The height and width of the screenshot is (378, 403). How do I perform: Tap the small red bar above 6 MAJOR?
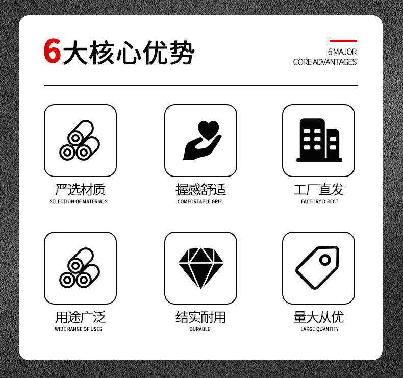pyautogui.click(x=343, y=40)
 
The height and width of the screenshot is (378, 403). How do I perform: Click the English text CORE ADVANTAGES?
pyautogui.click(x=325, y=62)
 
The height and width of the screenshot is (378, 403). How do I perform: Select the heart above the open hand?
pyautogui.click(x=208, y=129)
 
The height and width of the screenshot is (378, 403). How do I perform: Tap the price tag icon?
pyautogui.click(x=317, y=268)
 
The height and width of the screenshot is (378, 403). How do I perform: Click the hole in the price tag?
pyautogui.click(x=325, y=260)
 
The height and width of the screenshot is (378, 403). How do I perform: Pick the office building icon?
pyautogui.click(x=319, y=140)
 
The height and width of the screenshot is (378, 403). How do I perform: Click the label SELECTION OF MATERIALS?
pyautogui.click(x=79, y=201)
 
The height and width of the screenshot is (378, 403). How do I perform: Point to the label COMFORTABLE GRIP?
pyautogui.click(x=200, y=201)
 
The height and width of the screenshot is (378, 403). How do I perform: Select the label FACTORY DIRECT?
pyautogui.click(x=319, y=201)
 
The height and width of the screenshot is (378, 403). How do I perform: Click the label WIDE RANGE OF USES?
pyautogui.click(x=79, y=329)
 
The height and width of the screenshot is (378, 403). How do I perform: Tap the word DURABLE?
pyautogui.click(x=200, y=329)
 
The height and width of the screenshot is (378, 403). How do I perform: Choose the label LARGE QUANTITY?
pyautogui.click(x=319, y=329)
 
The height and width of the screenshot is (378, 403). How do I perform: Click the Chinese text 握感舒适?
pyautogui.click(x=200, y=190)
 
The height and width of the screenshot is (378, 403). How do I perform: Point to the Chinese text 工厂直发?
pyautogui.click(x=319, y=190)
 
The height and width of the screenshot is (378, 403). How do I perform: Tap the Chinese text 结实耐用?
pyautogui.click(x=200, y=317)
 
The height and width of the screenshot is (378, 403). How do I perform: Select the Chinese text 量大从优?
pyautogui.click(x=319, y=317)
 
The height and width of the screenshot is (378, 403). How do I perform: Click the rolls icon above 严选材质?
pyautogui.click(x=80, y=140)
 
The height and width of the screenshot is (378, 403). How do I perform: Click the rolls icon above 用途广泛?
pyautogui.click(x=80, y=268)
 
